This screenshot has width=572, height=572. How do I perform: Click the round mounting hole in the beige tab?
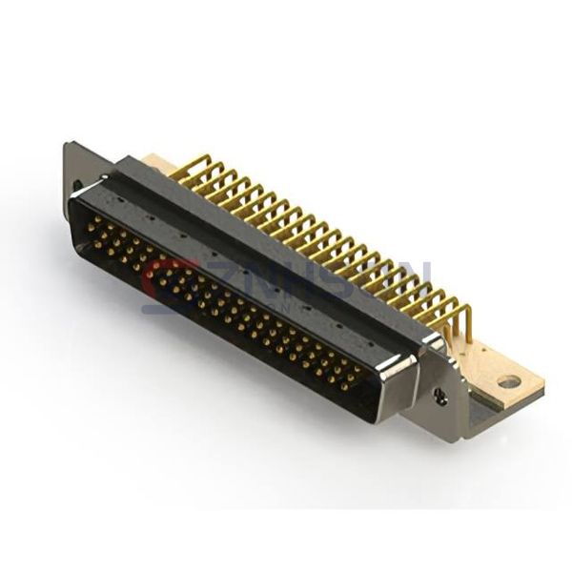pyautogui.click(x=509, y=381)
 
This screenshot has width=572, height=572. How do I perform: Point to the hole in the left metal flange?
pyautogui.click(x=72, y=183)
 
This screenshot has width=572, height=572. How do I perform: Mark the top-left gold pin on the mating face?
pyautogui.click(x=95, y=221)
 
